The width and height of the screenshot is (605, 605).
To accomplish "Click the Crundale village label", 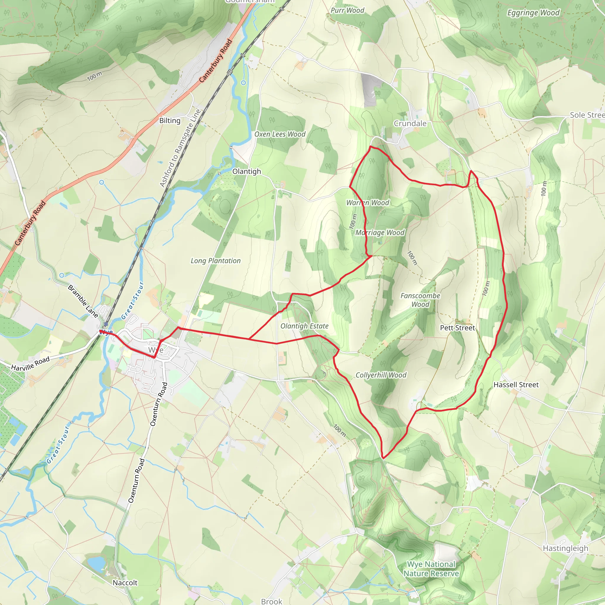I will [x=410, y=123].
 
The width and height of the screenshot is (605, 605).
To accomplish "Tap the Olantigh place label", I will [x=246, y=171].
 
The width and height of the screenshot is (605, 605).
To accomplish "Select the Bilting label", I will [x=170, y=121].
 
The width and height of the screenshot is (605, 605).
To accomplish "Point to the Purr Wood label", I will [x=347, y=10].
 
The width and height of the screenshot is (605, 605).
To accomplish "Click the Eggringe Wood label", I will [x=533, y=13].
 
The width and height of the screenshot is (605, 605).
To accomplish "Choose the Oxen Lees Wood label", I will [x=280, y=134].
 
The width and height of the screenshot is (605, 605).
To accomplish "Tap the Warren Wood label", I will [x=367, y=203].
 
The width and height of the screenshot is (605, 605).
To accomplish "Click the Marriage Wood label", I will [x=380, y=233].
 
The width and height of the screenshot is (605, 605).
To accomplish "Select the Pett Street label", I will [x=457, y=328].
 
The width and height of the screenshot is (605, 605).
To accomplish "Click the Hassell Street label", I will [x=516, y=385].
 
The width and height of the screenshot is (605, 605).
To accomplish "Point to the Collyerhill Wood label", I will [x=381, y=375].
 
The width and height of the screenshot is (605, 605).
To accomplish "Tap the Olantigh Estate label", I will [x=304, y=326].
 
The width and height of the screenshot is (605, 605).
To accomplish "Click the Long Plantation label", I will [x=215, y=261].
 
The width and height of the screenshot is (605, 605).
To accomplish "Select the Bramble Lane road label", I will [x=83, y=301].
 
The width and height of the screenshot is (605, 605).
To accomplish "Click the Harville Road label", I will [x=30, y=363].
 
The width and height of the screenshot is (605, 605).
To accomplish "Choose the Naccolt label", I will [x=125, y=583].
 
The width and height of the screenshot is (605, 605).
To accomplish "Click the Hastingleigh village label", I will [x=565, y=548].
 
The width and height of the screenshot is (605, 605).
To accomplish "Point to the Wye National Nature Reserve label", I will [x=431, y=569].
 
